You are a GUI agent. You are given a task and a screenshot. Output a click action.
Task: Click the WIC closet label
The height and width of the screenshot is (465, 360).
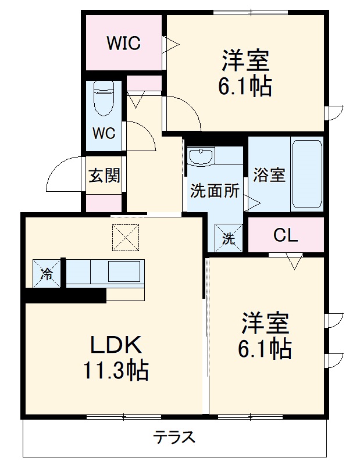click(x=123, y=44)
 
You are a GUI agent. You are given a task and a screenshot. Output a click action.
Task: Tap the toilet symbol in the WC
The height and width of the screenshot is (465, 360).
click(x=104, y=99)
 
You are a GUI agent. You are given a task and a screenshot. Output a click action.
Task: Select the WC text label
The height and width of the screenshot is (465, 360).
click(x=104, y=132)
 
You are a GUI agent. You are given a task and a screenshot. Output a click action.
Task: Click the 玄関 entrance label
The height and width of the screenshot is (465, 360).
click(x=104, y=176)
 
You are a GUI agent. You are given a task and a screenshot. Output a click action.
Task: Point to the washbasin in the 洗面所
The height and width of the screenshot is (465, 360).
click(x=201, y=157)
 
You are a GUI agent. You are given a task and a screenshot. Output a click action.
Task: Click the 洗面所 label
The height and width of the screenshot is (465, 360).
click(x=215, y=191)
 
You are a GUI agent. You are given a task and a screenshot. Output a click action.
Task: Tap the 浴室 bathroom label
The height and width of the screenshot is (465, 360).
click(x=269, y=175)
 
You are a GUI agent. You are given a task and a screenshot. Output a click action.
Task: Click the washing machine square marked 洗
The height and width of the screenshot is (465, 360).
click(x=228, y=237)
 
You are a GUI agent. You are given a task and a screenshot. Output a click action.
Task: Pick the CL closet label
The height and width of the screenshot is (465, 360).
click(x=286, y=235)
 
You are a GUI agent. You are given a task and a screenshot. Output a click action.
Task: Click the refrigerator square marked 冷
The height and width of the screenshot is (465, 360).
click(x=46, y=273)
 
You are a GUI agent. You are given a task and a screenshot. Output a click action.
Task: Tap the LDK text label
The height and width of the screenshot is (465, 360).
click(x=116, y=346)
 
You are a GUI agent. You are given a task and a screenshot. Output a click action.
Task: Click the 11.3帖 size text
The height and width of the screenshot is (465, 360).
click(x=115, y=370)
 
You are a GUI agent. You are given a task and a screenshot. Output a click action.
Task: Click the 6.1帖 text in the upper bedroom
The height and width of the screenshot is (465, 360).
click(x=245, y=87)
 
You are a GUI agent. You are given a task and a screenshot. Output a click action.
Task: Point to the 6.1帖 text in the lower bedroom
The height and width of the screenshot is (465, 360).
click(x=264, y=348)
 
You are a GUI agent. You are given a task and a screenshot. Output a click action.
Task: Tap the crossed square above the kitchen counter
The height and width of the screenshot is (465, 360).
click(x=126, y=237)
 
